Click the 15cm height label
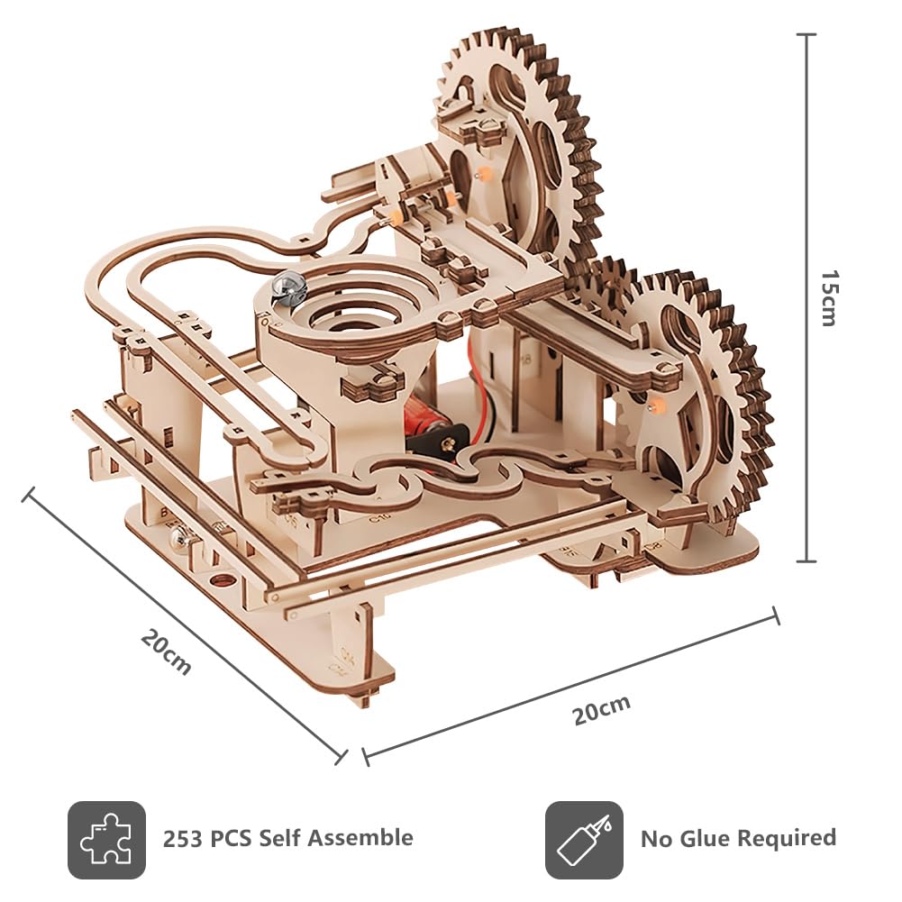pos(828,298)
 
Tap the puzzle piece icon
pos(106,840)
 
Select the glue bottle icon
pos(584,840)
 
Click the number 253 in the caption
pos(182,839)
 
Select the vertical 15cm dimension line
pos(806,297)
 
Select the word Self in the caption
pos(281,838)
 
